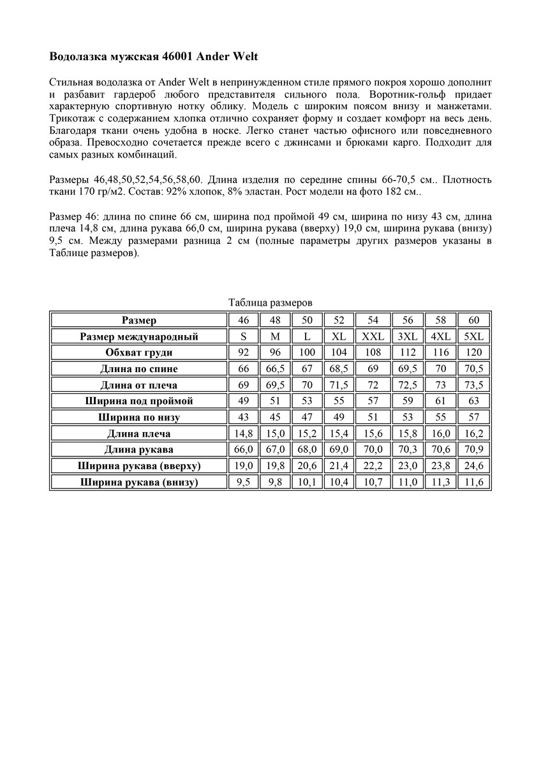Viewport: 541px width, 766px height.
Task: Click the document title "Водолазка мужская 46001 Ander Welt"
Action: click(x=153, y=57)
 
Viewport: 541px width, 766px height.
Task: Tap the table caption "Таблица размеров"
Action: click(x=270, y=303)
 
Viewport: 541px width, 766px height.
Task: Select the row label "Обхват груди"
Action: click(x=139, y=352)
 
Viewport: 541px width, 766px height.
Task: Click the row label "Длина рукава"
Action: click(x=139, y=450)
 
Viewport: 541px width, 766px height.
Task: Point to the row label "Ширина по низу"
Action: click(x=139, y=417)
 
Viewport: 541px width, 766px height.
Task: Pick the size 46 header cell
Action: click(x=243, y=320)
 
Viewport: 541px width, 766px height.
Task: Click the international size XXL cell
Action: click(x=373, y=336)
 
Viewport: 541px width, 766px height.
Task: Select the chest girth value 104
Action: click(x=339, y=352)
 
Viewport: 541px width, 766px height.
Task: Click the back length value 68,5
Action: click(x=339, y=369)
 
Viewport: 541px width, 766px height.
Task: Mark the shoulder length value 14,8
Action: click(x=243, y=434)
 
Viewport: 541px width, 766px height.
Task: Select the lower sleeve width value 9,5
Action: click(x=243, y=483)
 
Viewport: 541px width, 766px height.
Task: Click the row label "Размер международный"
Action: click(x=139, y=336)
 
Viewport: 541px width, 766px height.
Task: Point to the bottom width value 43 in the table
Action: click(x=243, y=417)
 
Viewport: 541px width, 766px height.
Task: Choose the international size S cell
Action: click(x=243, y=336)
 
